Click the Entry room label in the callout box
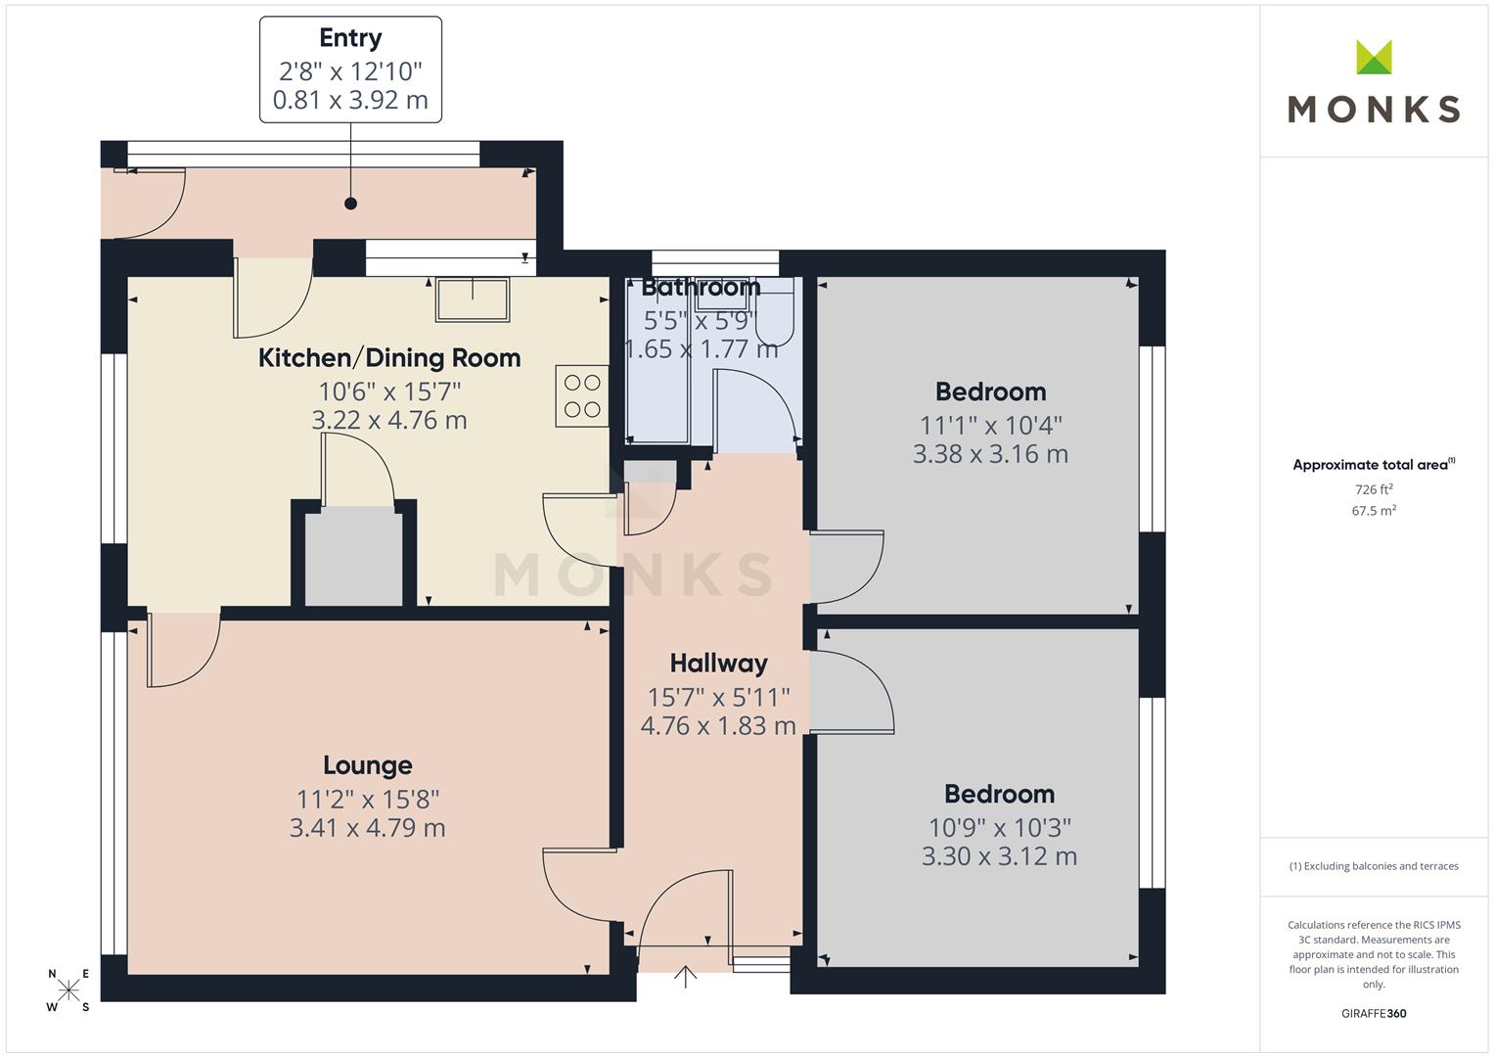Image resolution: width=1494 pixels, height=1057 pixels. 350,39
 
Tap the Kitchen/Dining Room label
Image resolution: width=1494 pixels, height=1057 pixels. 389,358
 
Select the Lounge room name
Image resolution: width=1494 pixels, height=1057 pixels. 368,765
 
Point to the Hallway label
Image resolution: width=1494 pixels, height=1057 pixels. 718,664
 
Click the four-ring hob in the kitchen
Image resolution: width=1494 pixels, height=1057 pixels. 581,395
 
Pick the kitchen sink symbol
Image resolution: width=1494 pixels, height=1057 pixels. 473,299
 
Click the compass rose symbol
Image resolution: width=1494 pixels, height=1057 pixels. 68,989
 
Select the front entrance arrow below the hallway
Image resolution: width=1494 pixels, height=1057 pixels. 685,976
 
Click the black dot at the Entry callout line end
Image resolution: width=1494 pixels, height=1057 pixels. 351,204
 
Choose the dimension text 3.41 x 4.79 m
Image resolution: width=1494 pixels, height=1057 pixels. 368,828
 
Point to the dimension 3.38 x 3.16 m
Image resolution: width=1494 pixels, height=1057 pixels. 990,454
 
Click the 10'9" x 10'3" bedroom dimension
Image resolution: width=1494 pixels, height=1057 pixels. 1000,827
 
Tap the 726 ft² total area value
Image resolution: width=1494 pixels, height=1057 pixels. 1374,489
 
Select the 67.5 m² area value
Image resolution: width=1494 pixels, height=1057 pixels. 1374,511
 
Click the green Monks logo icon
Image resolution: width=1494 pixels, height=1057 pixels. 1374,57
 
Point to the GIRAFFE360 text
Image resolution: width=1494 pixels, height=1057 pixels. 1374,1014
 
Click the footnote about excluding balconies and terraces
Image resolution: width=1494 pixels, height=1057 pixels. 1374,866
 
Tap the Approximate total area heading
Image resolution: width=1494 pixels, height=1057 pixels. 1374,465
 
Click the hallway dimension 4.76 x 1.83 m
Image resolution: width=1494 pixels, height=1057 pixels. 718,726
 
